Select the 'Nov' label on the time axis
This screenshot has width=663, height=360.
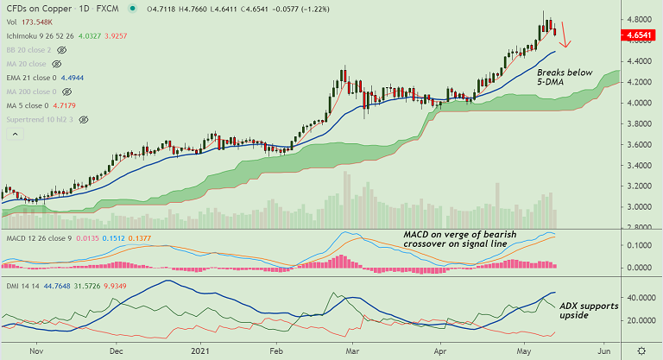[37, 351]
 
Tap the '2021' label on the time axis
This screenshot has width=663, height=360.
[200, 351]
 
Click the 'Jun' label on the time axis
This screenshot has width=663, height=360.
[606, 351]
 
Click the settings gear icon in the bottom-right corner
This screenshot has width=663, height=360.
[641, 351]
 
